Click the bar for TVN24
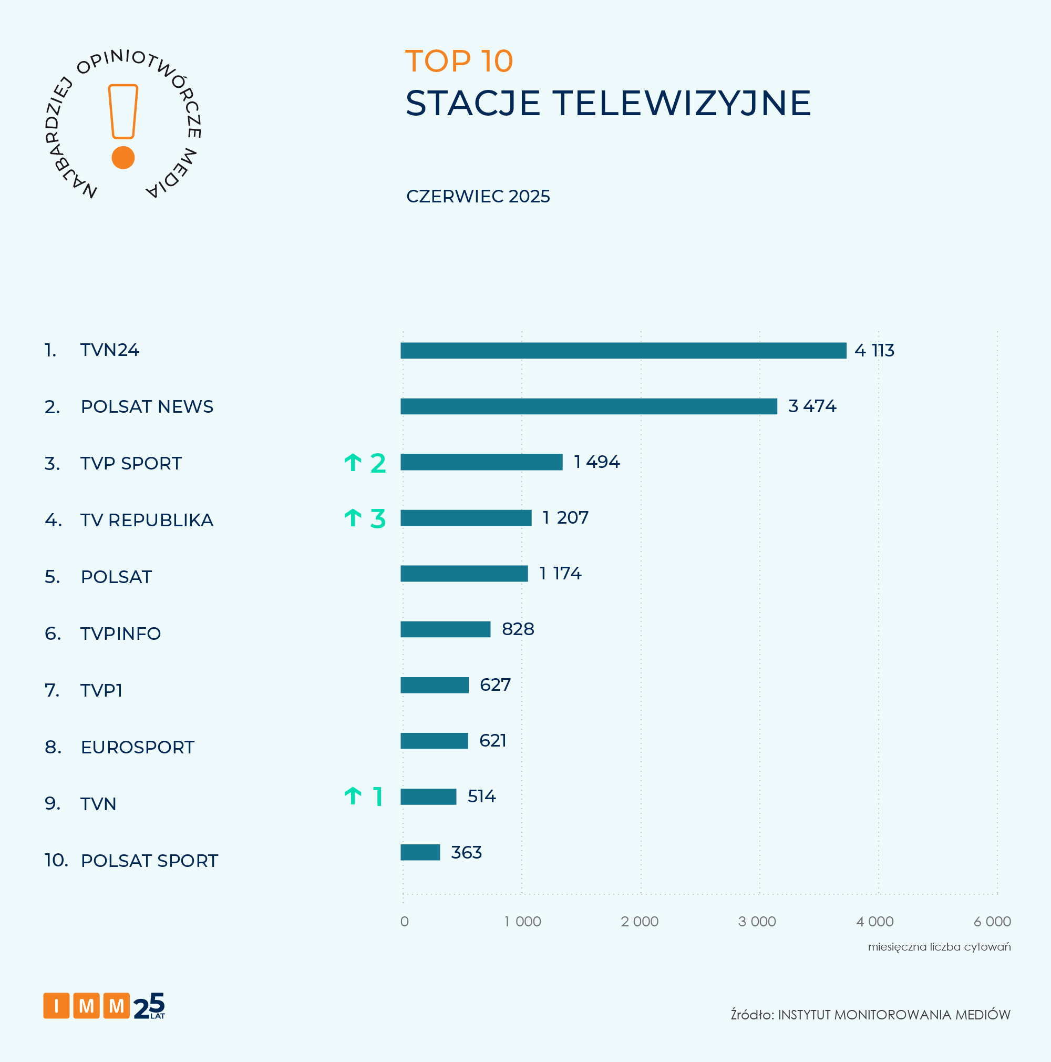coord(623,350)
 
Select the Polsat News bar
coord(589,406)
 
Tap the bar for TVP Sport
coord(481,462)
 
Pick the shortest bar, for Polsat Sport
coord(420,852)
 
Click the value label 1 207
coord(565,518)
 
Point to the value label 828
coord(518,629)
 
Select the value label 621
coord(492,740)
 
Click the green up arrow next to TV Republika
coord(353,518)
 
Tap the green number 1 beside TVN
coord(377,796)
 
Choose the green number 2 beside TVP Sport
coord(378,463)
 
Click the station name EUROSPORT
coord(137,747)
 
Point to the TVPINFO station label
coord(120,634)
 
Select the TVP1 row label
coord(101,690)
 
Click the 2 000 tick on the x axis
coord(640,921)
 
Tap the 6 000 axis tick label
coord(992,921)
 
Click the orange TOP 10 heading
coord(459,61)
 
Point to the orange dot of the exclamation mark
coord(123,158)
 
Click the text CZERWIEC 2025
coord(478,196)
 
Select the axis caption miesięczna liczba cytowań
coord(939,946)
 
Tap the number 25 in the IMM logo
coord(149,1005)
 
